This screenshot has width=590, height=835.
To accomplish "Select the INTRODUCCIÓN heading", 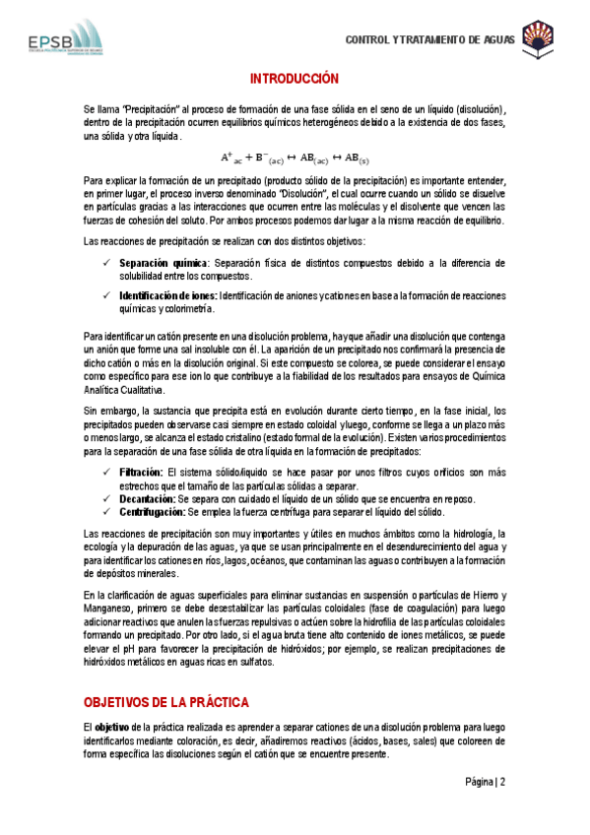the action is click(294, 79).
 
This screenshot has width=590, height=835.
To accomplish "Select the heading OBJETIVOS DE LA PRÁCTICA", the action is click(165, 701).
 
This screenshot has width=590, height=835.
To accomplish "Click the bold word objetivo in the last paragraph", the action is click(116, 726).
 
